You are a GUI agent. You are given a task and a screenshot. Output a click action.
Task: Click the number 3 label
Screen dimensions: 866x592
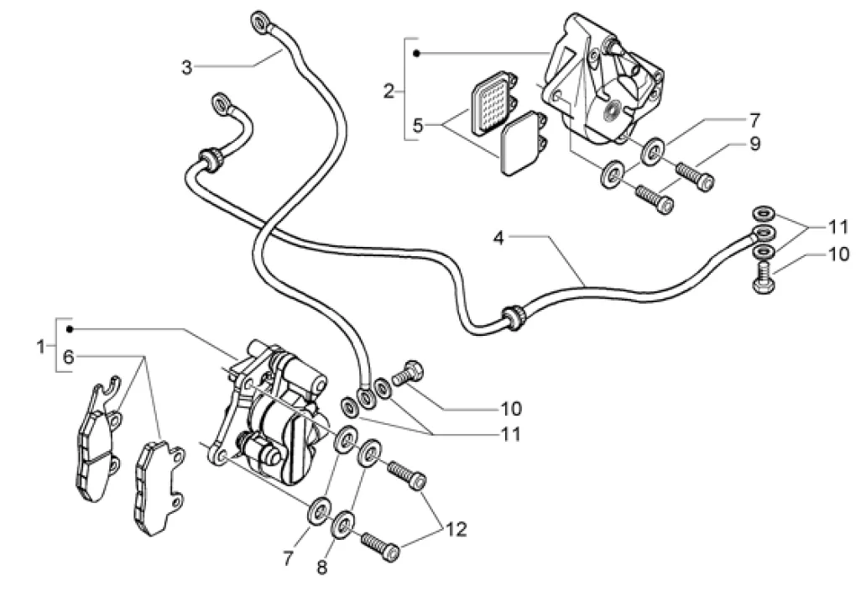click(x=186, y=68)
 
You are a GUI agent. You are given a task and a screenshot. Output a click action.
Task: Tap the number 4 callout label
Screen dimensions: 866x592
click(x=498, y=238)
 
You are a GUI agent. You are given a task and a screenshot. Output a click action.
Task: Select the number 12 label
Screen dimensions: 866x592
click(x=456, y=529)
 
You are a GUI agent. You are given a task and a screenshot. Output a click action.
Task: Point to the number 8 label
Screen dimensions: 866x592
click(x=322, y=567)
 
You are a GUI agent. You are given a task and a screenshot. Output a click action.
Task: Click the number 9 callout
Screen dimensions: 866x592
click(x=754, y=144)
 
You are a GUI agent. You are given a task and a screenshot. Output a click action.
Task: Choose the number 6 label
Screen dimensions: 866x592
click(x=68, y=357)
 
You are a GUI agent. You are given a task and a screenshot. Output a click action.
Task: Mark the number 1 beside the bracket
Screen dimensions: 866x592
click(x=40, y=347)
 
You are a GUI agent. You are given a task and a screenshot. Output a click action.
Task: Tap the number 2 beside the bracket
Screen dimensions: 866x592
click(x=389, y=92)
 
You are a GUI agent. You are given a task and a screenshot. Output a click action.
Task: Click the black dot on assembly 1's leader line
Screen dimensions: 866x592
click(x=70, y=330)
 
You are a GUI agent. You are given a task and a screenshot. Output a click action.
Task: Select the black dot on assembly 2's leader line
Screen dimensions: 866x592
click(x=418, y=54)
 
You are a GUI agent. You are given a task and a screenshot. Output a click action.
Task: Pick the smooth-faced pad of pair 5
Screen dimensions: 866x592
click(x=522, y=143)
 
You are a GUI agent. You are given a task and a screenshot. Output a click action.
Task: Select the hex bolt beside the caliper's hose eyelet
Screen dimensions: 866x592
click(x=408, y=373)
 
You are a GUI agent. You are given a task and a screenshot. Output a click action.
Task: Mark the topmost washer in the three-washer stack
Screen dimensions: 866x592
click(x=764, y=212)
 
